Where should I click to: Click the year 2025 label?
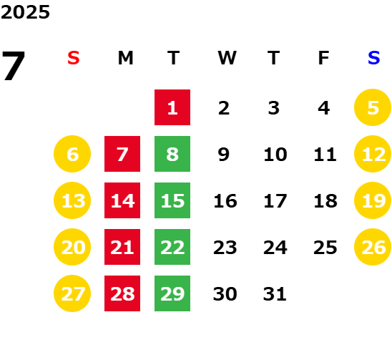pos(25,12)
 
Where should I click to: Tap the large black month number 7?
pos(14,66)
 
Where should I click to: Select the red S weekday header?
pos(74,58)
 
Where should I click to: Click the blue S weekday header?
pos(373,58)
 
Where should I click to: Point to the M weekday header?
pos(125,58)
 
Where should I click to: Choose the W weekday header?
pos(227,58)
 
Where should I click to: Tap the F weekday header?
pos(323,58)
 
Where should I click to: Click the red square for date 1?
pos(172,107)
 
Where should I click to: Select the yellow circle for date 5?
pos(373,107)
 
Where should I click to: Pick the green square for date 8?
pos(172,154)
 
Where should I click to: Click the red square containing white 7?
pos(122,154)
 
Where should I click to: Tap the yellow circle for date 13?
pos(72,200)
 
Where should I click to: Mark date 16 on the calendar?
pos(225,200)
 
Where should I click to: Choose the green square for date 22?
pos(172,247)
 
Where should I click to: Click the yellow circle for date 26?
pos(373,247)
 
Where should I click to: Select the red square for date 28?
pos(122,293)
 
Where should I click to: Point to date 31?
pos(275,293)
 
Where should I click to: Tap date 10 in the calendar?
pos(275,154)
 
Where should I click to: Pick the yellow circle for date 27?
pos(72,293)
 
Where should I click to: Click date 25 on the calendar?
pos(325,247)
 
